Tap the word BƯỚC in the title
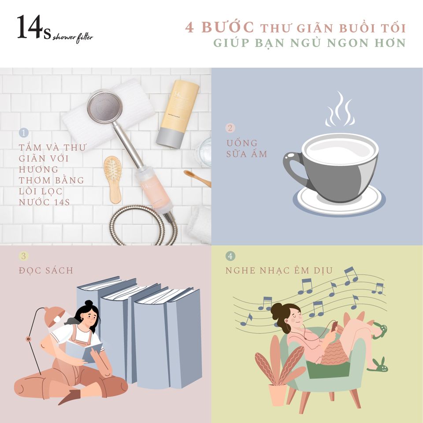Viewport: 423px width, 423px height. point(228,27)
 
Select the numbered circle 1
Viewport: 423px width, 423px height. point(24,133)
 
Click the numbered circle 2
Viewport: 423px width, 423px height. point(230,128)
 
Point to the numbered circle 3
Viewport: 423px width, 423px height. point(23,256)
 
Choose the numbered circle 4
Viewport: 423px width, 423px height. point(230,256)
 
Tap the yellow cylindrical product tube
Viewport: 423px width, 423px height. point(178,115)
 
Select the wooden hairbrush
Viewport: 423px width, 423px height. point(113,179)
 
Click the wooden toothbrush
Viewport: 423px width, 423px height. point(197,178)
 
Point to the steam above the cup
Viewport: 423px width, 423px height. point(340,110)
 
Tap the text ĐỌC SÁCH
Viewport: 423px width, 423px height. point(46,271)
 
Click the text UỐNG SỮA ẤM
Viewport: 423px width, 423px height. point(247,148)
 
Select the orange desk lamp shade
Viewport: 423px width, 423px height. point(54,315)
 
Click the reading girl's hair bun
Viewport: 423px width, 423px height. point(89,304)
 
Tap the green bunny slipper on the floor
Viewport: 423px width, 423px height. point(378,366)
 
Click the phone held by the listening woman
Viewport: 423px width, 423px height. point(334,326)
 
